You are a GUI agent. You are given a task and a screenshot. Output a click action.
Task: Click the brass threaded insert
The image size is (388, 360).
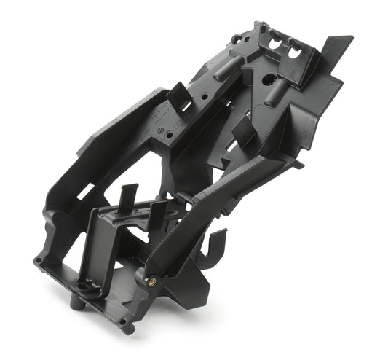(x=154, y=280)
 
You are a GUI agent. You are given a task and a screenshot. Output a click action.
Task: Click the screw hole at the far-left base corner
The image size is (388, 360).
(x=37, y=260)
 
